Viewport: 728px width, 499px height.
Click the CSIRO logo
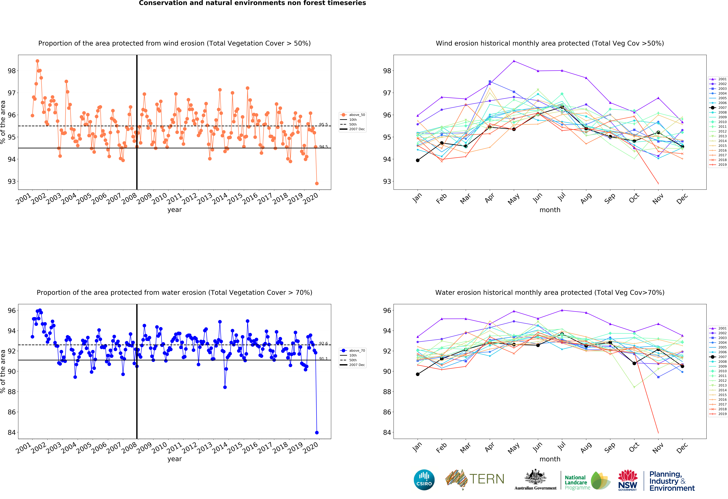pyautogui.click(x=424, y=480)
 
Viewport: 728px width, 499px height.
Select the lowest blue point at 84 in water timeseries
pyautogui.click(x=317, y=433)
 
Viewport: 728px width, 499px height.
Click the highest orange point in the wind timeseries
pyautogui.click(x=37, y=61)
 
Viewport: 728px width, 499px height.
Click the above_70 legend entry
pyautogui.click(x=353, y=351)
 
